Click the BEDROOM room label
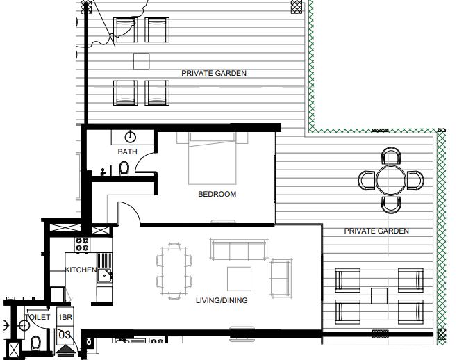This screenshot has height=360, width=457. (x=217, y=195)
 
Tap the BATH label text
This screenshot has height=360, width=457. (x=127, y=152)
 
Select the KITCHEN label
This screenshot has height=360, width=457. (x=80, y=270)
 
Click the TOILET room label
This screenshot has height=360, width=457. (x=38, y=316)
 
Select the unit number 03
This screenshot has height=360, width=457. (x=65, y=334)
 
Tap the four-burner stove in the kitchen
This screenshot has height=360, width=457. (x=82, y=245)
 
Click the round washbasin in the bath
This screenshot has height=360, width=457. (x=130, y=136)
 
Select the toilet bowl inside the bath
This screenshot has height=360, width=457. (x=124, y=169)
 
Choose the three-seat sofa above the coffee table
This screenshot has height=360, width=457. (x=238, y=250)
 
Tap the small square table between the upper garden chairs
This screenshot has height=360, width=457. (x=142, y=60)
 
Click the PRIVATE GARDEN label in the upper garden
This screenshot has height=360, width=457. (x=213, y=73)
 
